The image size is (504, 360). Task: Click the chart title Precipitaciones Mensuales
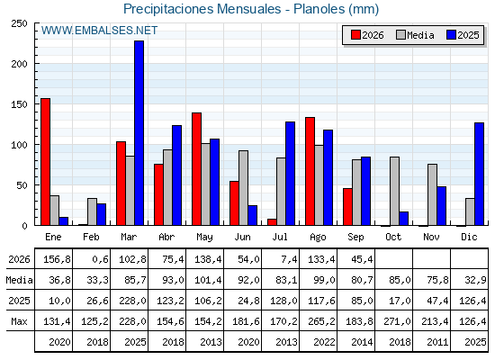click(x=202, y=9)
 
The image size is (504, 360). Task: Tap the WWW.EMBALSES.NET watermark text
click(x=99, y=31)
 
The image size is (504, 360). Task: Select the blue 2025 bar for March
click(x=139, y=133)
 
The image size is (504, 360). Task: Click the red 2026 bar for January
click(x=45, y=162)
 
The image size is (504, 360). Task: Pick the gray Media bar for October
click(x=395, y=191)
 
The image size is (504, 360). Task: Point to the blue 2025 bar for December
click(x=479, y=174)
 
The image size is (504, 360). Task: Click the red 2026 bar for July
click(x=272, y=222)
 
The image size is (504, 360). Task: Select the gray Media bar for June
click(x=244, y=188)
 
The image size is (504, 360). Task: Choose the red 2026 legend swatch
click(x=355, y=35)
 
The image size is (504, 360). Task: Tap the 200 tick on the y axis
click(x=19, y=64)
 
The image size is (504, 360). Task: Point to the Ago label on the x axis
click(x=318, y=238)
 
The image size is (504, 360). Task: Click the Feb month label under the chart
click(x=91, y=237)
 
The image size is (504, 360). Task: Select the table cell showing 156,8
click(x=57, y=259)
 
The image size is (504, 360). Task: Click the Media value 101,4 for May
click(x=208, y=280)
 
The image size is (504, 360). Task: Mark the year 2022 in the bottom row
click(x=324, y=342)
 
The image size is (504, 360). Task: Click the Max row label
click(x=19, y=321)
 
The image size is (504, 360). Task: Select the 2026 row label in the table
click(x=19, y=259)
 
